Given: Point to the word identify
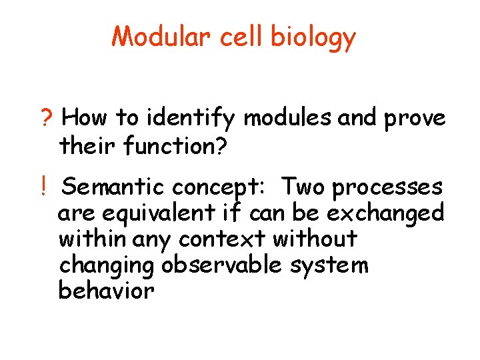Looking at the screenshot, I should tap(197, 119).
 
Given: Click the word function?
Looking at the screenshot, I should tap(177, 145).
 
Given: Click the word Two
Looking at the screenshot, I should tap(303, 188).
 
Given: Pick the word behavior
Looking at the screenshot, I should tap(107, 291).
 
